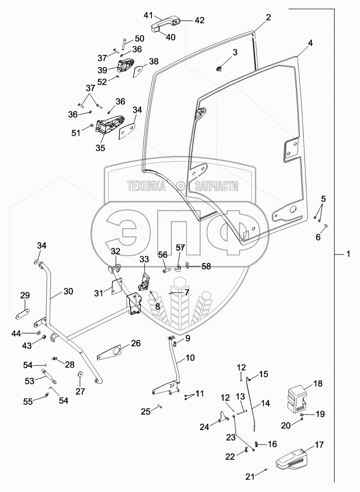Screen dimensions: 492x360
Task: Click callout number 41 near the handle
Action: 148,16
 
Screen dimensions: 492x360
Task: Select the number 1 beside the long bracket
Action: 348,255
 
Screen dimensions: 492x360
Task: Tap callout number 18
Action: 318,383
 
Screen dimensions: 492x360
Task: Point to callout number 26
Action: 135,343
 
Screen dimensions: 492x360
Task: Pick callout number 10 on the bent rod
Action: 190,358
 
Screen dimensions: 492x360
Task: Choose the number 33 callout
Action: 144,259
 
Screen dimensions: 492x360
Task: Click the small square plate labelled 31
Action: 117,285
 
